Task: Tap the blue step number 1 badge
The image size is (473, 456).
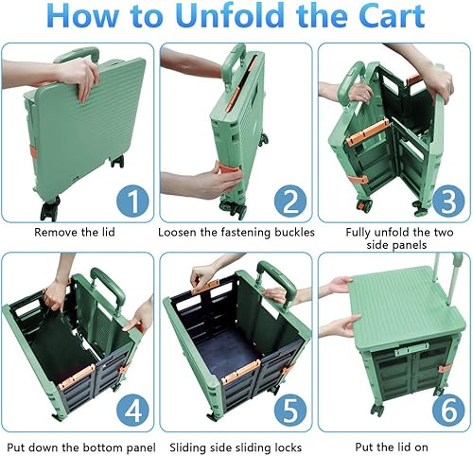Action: tap(131, 201)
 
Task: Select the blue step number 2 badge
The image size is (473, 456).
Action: tap(289, 201)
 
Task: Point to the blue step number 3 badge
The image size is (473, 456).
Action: tap(445, 201)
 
